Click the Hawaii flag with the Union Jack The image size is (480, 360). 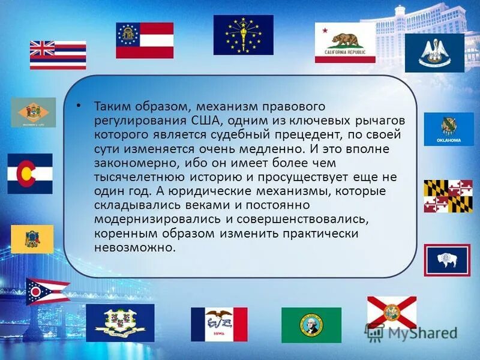[58, 55]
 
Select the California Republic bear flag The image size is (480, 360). [345, 43]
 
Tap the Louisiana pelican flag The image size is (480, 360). [434, 53]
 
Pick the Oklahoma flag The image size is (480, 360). [449, 129]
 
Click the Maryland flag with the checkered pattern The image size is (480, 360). [448, 196]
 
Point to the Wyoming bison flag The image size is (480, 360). [447, 260]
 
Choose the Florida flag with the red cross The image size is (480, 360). [392, 312]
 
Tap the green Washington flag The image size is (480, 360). [311, 325]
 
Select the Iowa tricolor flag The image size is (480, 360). [219, 324]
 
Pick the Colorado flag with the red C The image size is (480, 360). [30, 173]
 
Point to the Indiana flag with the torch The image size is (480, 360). [243, 35]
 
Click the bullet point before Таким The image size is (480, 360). [79, 105]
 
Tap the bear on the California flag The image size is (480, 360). [348, 40]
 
